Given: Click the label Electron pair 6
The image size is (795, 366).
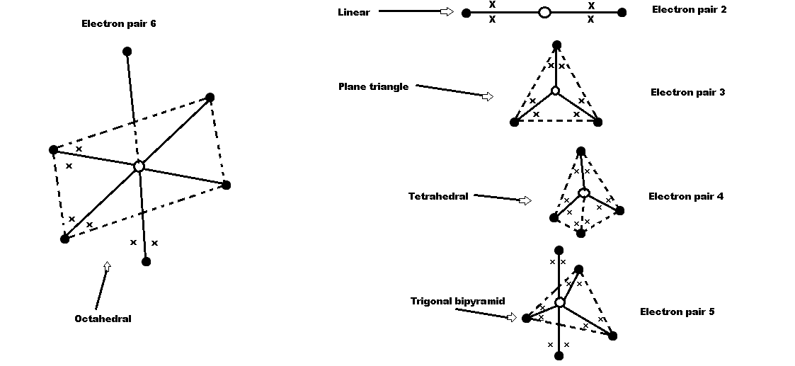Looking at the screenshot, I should [119, 24].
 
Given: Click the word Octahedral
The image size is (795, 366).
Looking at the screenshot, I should [103, 319].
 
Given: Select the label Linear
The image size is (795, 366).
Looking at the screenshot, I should [354, 12].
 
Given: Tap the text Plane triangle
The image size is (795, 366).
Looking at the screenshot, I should [374, 86].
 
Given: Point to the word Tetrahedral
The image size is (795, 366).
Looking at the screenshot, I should [438, 196].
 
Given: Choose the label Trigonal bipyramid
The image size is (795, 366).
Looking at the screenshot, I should [458, 301].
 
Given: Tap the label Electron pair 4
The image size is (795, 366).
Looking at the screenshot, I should [685, 196].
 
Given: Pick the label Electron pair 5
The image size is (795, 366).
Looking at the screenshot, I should [677, 311].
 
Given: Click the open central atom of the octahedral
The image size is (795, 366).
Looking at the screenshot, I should [139, 166].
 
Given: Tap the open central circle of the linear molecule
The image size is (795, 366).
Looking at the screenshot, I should [544, 12].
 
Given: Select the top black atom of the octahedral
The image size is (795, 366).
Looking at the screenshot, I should [127, 51].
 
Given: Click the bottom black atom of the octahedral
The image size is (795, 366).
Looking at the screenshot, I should [146, 262].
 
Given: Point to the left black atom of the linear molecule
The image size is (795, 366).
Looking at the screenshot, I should [466, 13].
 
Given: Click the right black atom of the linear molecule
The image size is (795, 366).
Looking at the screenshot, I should [622, 12].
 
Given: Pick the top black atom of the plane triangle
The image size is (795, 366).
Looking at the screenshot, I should [556, 45].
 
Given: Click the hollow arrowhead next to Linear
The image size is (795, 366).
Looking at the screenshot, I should [447, 11].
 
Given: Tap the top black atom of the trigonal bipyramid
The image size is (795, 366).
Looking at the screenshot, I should [559, 250].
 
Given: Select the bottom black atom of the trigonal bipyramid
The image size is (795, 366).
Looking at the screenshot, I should [559, 355].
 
